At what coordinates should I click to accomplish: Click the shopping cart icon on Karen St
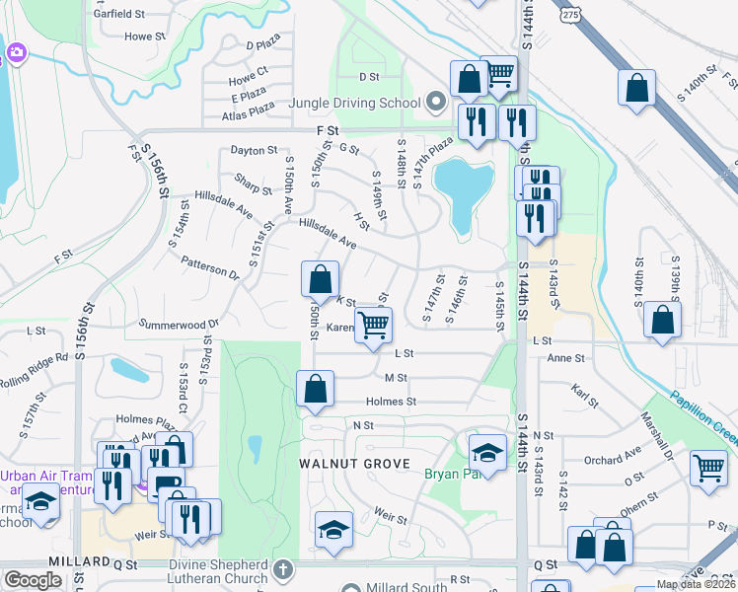(x=373, y=324)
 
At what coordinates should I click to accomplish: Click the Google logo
(x=33, y=580)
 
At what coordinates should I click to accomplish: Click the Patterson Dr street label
(x=209, y=266)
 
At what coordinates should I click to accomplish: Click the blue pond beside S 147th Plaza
(x=464, y=190)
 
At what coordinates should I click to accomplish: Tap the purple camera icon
(x=15, y=52)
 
